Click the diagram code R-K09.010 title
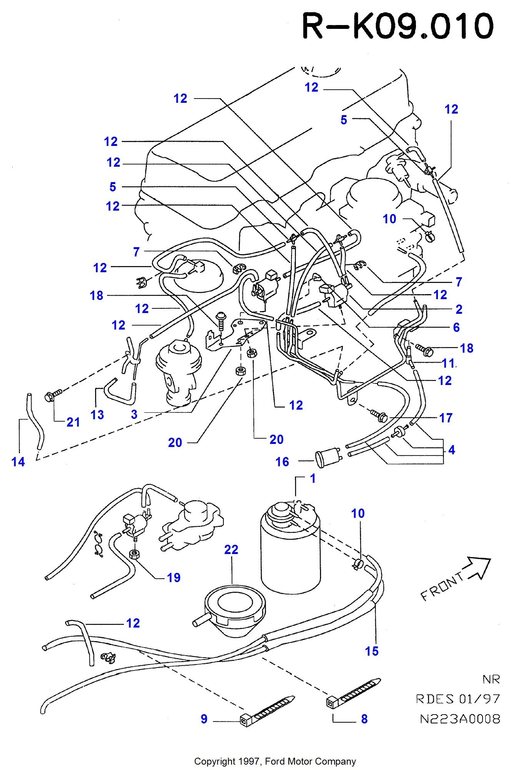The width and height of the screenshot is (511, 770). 398,26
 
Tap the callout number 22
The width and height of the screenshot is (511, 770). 231,550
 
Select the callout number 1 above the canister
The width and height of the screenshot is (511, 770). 313,479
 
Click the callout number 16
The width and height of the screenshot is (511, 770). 282,462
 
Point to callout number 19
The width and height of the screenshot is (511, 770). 173,577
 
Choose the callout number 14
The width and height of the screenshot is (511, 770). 18,462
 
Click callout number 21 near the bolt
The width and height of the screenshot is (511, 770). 73,422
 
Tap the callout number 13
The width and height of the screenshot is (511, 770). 97,415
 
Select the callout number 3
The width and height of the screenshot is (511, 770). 134,414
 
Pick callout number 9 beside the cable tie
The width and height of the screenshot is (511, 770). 204,719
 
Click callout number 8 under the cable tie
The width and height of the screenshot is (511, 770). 364,719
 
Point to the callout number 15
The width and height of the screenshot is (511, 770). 372,651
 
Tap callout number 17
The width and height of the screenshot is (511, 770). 446,418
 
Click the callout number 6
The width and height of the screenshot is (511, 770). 456,328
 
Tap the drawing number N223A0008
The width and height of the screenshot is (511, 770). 460,719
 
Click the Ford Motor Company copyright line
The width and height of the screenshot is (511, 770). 275,761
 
